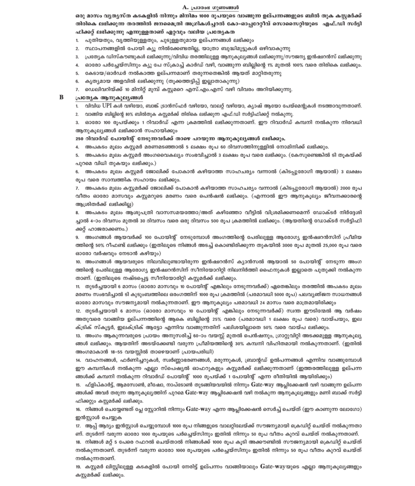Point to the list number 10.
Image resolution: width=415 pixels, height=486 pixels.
tap(78, 262)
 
